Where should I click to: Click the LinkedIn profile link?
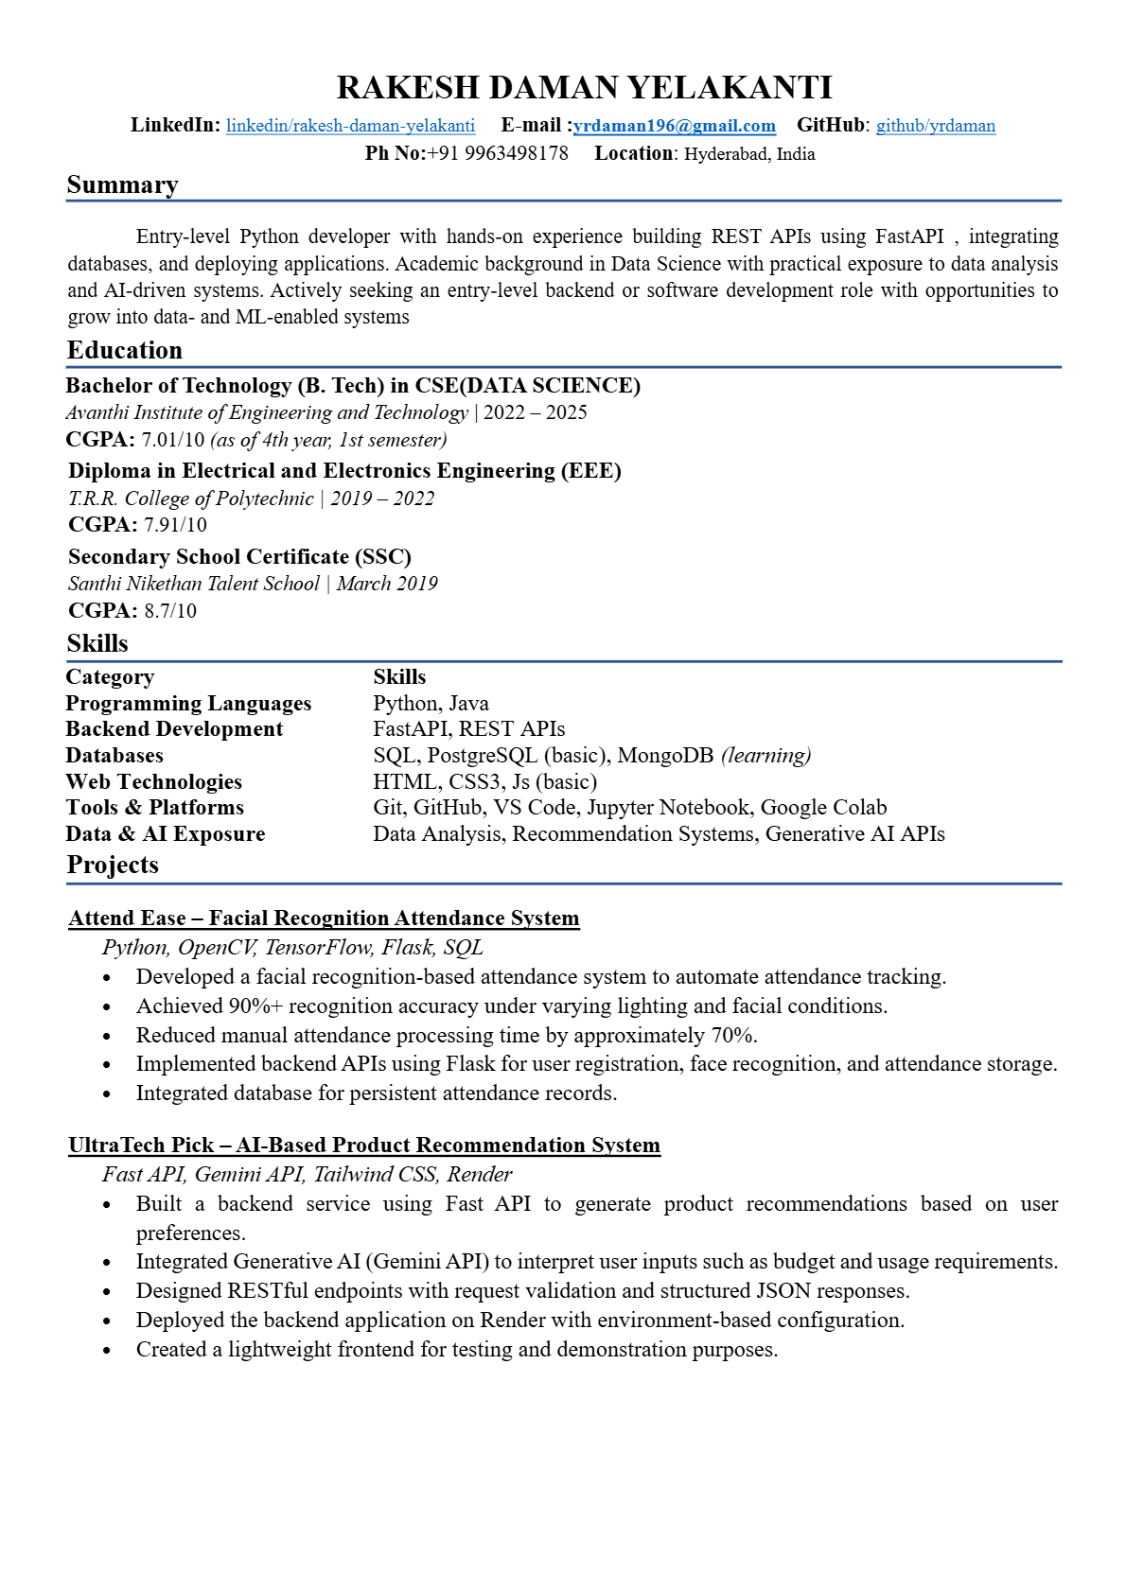click(x=350, y=126)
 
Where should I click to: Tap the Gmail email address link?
click(x=675, y=126)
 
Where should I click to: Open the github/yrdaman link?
click(x=935, y=126)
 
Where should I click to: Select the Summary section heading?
click(x=122, y=185)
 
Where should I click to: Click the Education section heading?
click(x=124, y=351)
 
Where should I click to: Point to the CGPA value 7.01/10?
click(x=172, y=440)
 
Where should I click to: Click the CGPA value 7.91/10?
click(x=175, y=525)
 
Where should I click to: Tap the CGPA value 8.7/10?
click(x=170, y=611)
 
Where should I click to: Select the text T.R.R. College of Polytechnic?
click(x=190, y=499)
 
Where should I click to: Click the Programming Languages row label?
click(x=188, y=704)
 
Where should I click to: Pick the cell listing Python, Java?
click(x=431, y=704)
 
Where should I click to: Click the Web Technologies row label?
click(x=153, y=782)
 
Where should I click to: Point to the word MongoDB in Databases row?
click(x=665, y=756)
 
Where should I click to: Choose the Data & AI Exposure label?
click(x=165, y=834)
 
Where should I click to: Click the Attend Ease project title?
click(x=324, y=918)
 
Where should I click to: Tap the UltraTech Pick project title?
click(x=363, y=1146)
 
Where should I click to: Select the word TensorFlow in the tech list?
click(x=318, y=948)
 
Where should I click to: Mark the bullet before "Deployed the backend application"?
click(x=107, y=1321)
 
